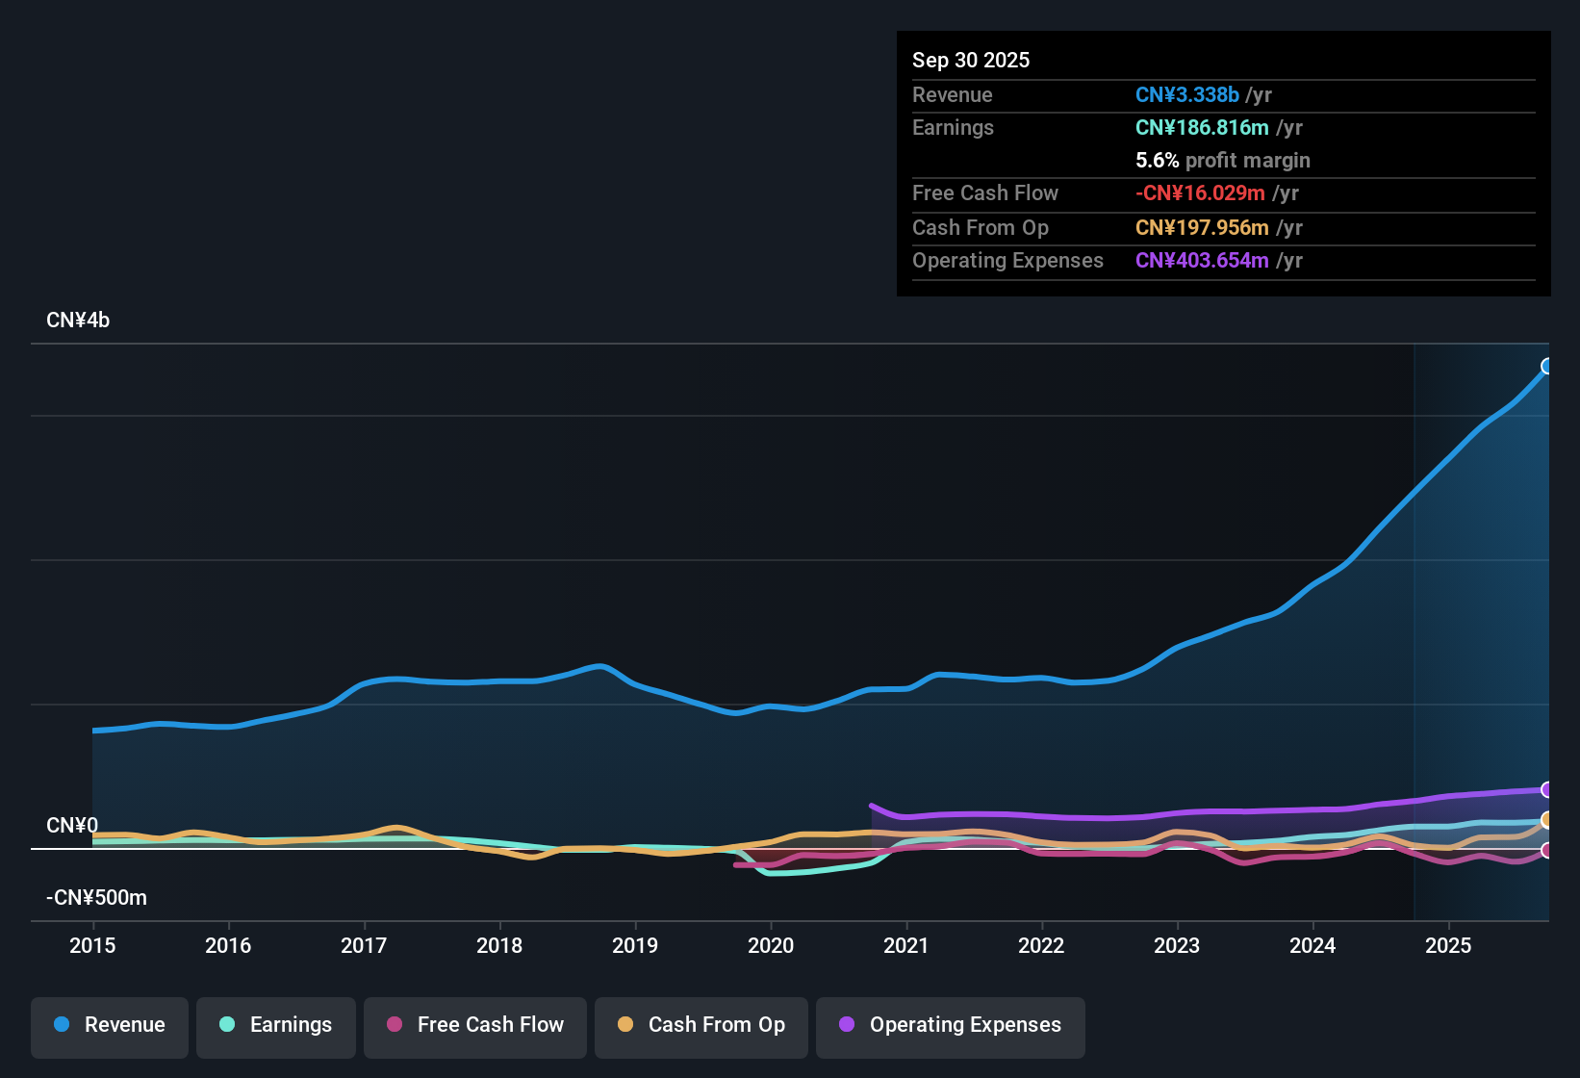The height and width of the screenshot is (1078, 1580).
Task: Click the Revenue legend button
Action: pos(110,1025)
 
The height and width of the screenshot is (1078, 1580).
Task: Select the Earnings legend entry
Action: pos(276,1025)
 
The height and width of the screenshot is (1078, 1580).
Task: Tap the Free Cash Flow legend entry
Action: pos(475,1025)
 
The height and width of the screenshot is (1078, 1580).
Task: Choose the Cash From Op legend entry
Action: pos(701,1025)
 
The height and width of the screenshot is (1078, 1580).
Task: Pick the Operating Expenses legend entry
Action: pos(951,1025)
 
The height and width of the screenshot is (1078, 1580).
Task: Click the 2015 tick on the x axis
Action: pos(92,945)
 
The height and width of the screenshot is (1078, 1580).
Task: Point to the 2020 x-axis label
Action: pos(771,945)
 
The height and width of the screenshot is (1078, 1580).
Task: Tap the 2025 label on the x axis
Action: pos(1448,945)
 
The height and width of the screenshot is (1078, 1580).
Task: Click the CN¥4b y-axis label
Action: pos(78,321)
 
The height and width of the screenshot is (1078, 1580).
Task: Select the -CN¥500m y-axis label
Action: pos(96,898)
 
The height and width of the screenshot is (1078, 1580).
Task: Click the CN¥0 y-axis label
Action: pos(72,826)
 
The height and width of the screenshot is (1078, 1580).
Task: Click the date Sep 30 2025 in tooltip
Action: pos(971,60)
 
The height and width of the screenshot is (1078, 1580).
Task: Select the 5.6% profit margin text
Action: pos(1222,160)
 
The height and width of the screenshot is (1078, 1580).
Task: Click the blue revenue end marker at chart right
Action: pos(1547,366)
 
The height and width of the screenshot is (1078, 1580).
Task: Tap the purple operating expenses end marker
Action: pos(1547,789)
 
